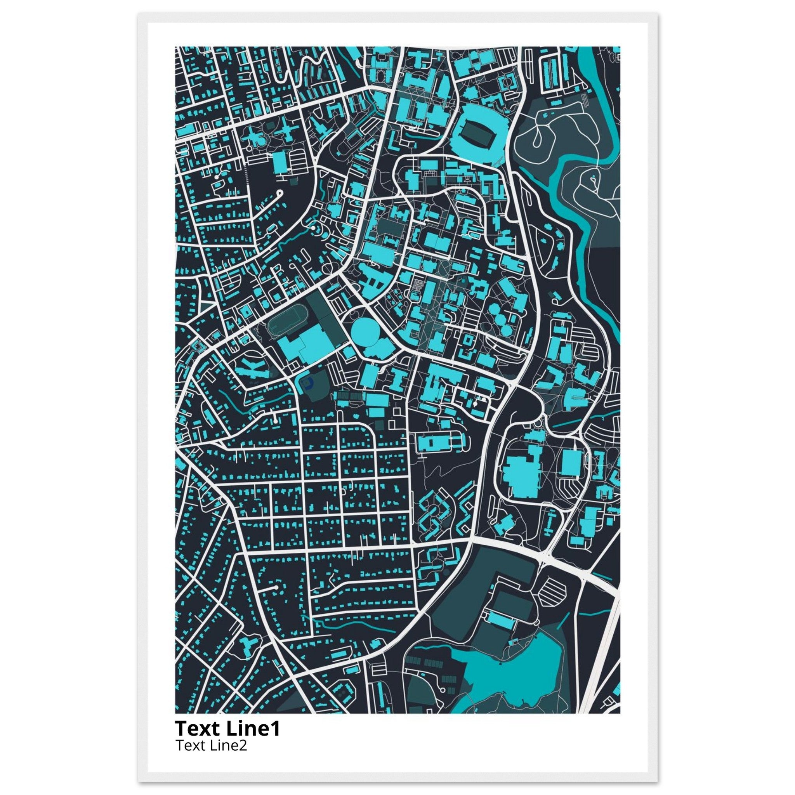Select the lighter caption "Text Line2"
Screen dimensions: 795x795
pos(211,745)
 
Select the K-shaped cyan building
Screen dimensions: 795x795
pos(251,368)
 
